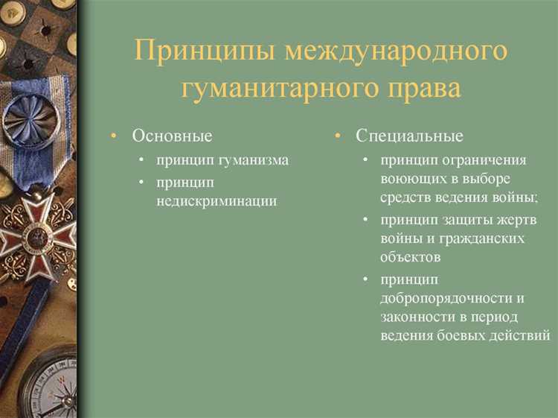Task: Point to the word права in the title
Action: (426, 87)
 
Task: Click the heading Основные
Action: (172, 136)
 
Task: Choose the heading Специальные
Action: (409, 136)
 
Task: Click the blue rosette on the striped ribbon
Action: (31, 119)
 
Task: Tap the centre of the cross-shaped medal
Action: (34, 237)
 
